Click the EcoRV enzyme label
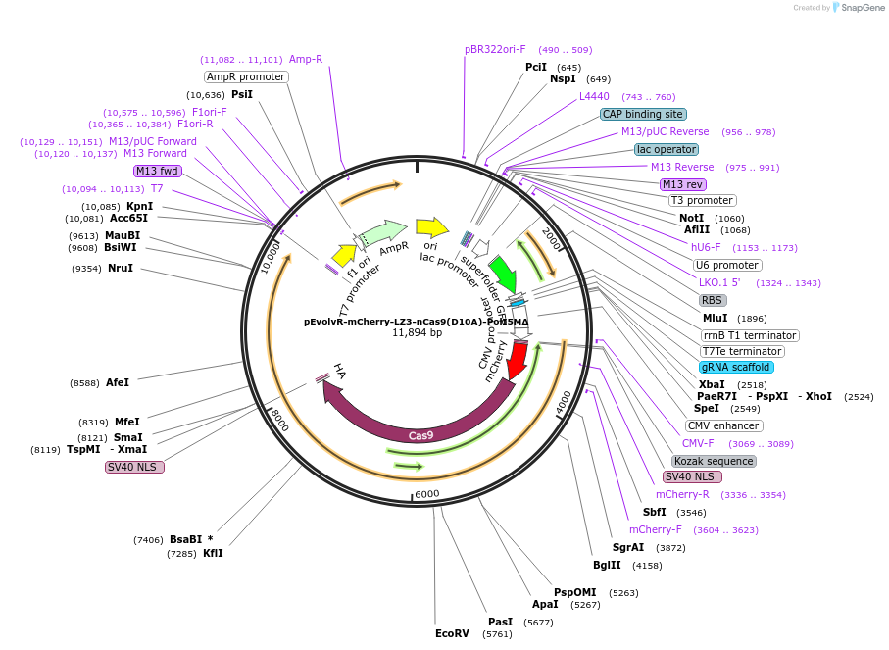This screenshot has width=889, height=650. [453, 633]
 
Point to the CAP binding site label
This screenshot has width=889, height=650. [643, 114]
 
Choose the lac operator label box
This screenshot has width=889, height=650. [667, 149]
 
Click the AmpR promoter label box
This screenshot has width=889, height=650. [246, 76]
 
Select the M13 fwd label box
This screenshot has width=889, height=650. [157, 171]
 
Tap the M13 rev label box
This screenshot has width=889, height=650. [682, 184]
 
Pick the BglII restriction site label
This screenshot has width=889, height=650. [607, 565]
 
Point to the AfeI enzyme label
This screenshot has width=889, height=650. [118, 382]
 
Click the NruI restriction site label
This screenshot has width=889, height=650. [121, 268]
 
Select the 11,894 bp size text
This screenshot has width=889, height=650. [417, 333]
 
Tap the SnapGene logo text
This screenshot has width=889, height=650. [859, 8]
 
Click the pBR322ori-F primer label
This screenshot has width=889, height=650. [495, 49]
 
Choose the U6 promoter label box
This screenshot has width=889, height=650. [726, 265]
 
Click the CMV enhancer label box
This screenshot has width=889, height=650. [723, 425]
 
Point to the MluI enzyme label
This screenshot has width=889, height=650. [716, 319]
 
